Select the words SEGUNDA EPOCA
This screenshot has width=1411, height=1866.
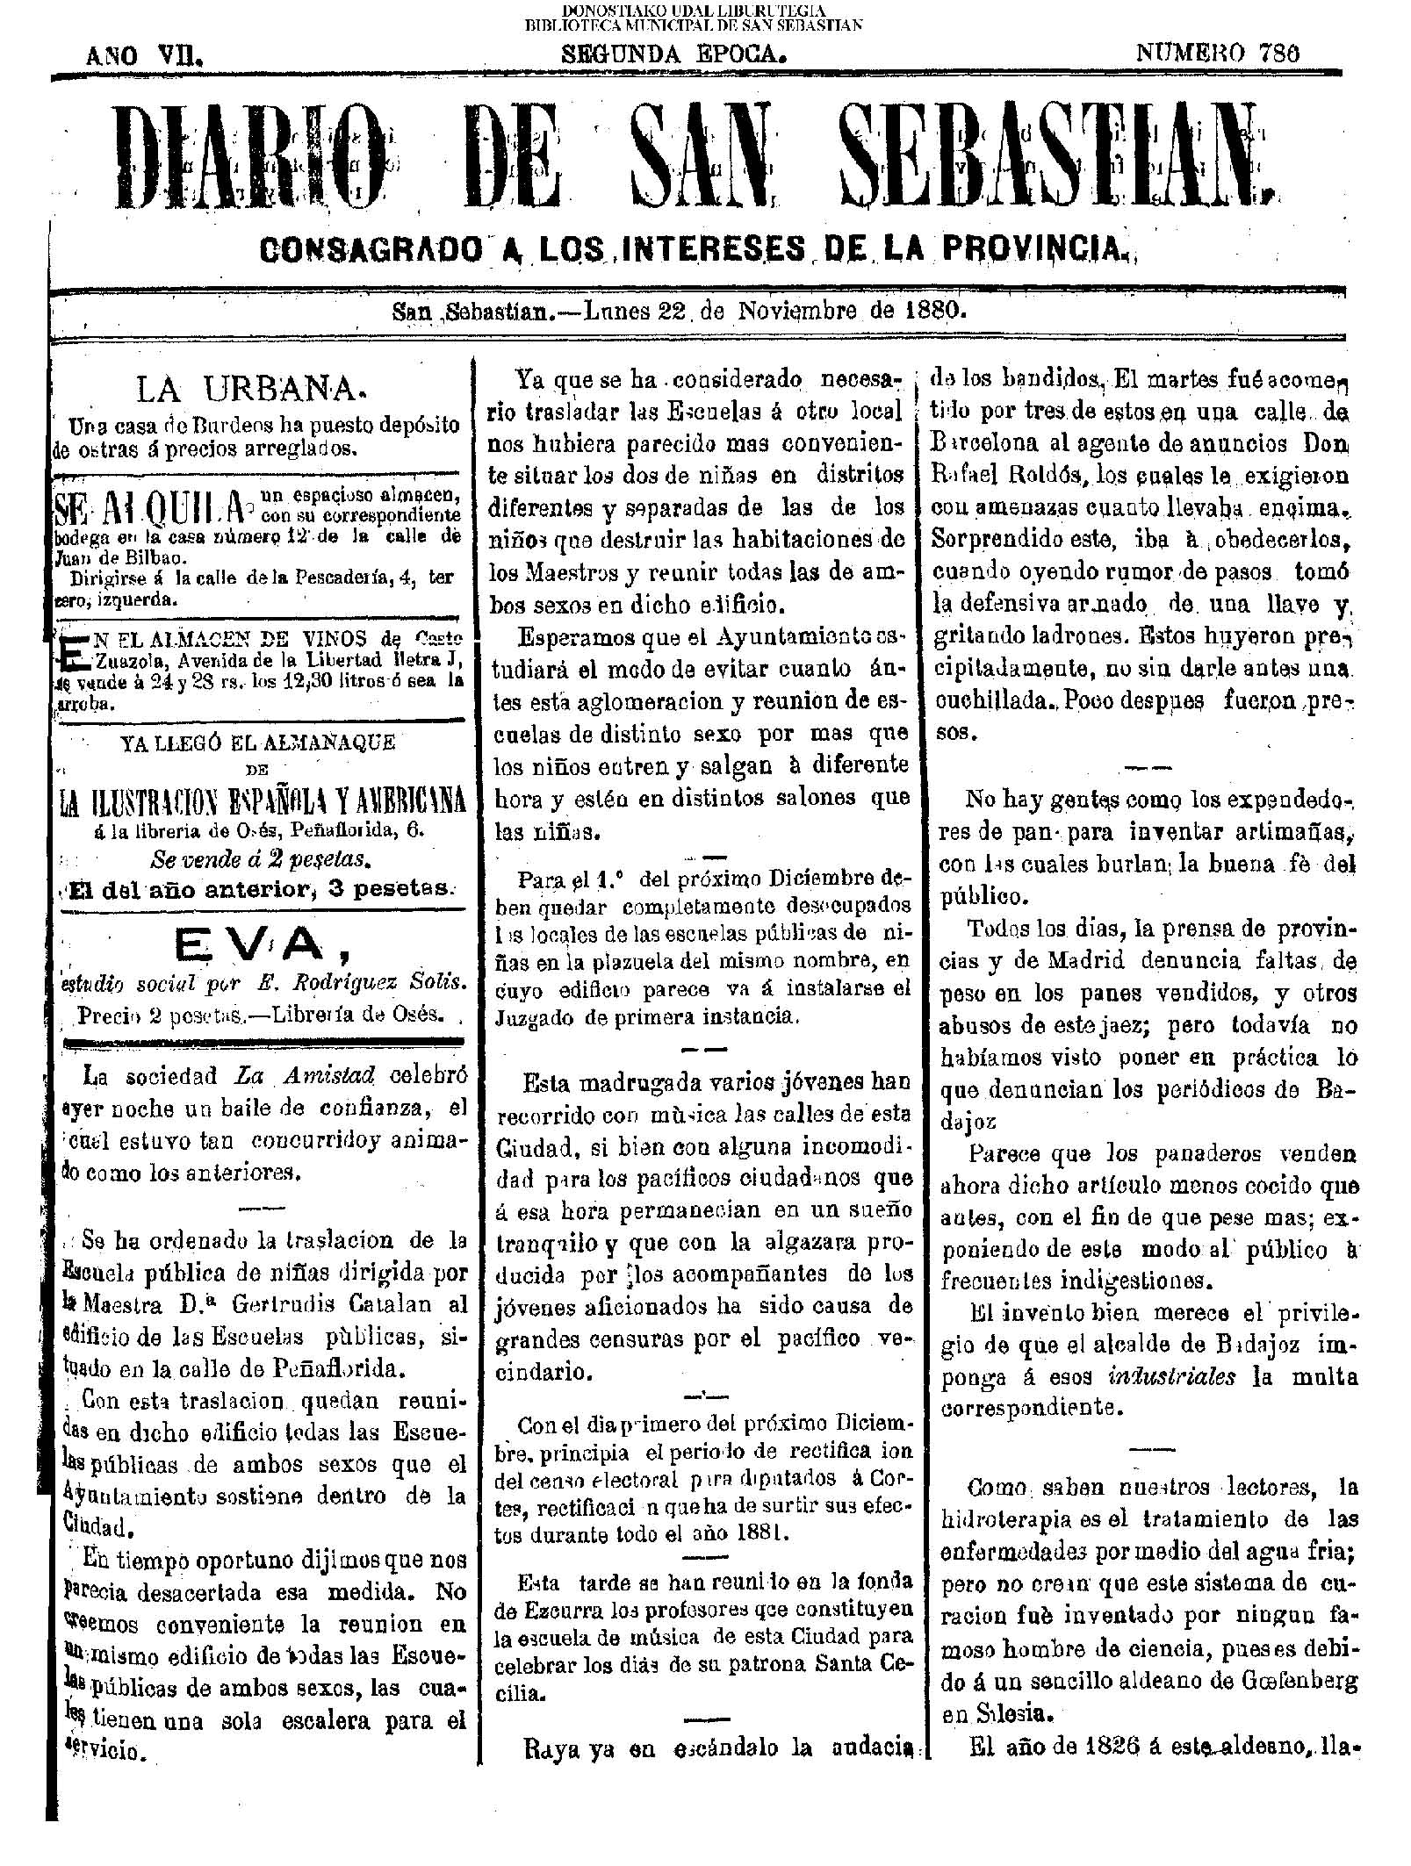[672, 54]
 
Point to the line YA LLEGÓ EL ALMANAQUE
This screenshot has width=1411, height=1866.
[257, 743]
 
